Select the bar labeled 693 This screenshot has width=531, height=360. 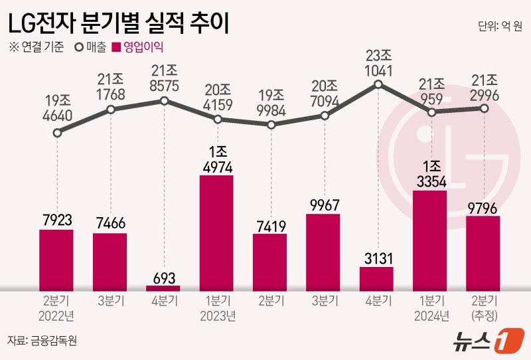163,288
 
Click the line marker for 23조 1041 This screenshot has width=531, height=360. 378,84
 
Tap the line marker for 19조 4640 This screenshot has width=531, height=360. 57,133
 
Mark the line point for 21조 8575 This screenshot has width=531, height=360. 164,101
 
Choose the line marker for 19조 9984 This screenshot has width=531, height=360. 270,125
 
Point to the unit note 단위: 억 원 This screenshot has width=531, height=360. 500,27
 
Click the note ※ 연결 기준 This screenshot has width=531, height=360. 37,47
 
